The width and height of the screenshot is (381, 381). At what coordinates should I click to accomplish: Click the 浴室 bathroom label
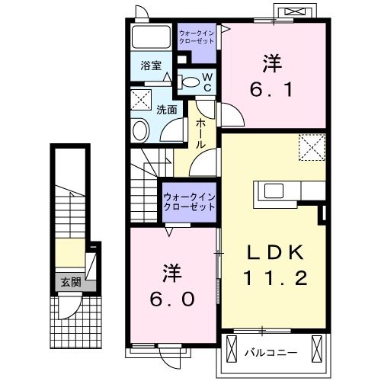pos(151,66)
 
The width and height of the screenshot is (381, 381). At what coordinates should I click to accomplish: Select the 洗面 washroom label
pos(167,110)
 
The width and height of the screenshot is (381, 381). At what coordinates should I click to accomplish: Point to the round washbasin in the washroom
pos(140,130)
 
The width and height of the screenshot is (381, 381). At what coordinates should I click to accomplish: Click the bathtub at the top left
pos(151,37)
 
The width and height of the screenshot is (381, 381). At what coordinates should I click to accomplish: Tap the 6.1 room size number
pos(271,90)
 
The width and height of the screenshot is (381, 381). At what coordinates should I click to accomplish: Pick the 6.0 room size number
pos(172,299)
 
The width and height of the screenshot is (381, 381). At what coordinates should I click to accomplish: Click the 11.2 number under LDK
pos(275,277)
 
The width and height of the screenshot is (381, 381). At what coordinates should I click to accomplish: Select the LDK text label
pos(275,252)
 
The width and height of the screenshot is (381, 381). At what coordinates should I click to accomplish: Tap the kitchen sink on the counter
pos(274,190)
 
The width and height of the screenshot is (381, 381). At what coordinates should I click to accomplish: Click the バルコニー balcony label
pos(271,353)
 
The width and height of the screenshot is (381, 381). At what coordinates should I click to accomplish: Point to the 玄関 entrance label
pos(71,282)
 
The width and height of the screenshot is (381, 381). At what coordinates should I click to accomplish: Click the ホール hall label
pos(200,133)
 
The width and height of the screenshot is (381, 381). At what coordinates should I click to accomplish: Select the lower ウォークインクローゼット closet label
pos(190,202)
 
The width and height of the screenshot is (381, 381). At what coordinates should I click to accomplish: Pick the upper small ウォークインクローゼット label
pos(197,37)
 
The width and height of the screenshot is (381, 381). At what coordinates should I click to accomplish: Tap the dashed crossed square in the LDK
pos(312,147)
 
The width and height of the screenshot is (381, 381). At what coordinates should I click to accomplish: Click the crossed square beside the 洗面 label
pos(141,100)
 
